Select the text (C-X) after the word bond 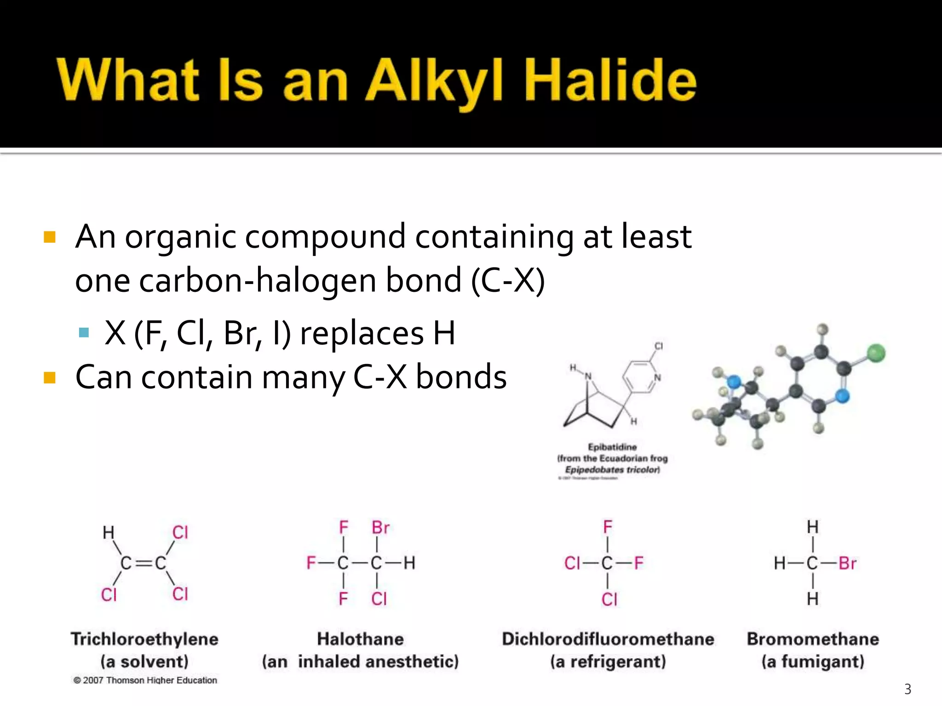coord(508,281)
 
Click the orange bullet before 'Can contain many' coord(49,378)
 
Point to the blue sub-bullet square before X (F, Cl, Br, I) coord(84,332)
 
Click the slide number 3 coord(908,689)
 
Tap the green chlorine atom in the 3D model coord(876,353)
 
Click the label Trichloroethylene coord(144,639)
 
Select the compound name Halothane coord(360,639)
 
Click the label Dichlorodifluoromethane coord(608,639)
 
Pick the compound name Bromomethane coord(813,639)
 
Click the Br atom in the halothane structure coord(380,528)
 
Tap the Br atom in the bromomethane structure coord(847,563)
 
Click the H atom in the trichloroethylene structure coord(109,533)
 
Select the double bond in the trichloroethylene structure coord(144,563)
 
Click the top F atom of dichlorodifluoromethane coord(608,527)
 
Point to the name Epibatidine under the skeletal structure coord(612,447)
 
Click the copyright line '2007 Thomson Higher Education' coord(145,680)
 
